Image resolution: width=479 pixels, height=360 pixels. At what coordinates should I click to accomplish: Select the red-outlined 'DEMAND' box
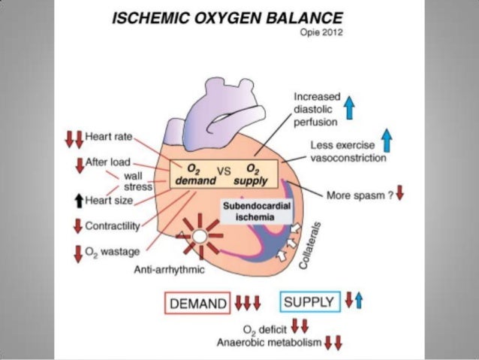[x=197, y=304]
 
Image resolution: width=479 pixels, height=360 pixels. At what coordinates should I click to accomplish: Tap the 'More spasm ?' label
[x=358, y=194]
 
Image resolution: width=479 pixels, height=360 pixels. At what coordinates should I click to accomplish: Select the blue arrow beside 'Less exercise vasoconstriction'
[x=387, y=140]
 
